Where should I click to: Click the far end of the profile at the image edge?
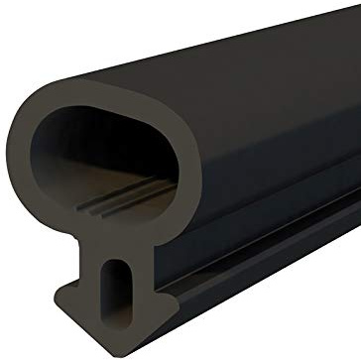(x=352, y=149)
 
